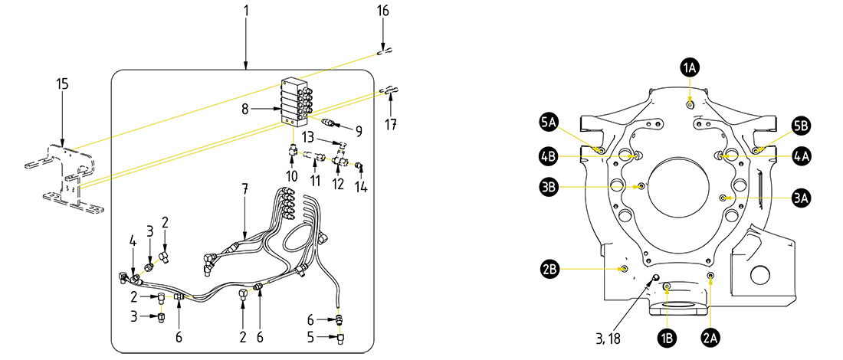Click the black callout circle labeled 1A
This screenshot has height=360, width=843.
tap(689, 67)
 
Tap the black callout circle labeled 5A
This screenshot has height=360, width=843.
tap(548, 122)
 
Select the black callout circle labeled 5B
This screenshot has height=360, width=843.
tap(800, 124)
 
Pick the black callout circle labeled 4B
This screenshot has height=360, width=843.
tap(548, 156)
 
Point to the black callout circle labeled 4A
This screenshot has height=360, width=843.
tap(801, 156)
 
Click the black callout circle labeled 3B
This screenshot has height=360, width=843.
tap(548, 186)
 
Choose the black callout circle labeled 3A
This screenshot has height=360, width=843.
tap(801, 198)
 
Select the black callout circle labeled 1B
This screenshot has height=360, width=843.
tap(668, 335)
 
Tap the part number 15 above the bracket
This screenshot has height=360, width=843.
tap(62, 83)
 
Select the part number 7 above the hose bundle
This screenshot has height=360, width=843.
tap(244, 188)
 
